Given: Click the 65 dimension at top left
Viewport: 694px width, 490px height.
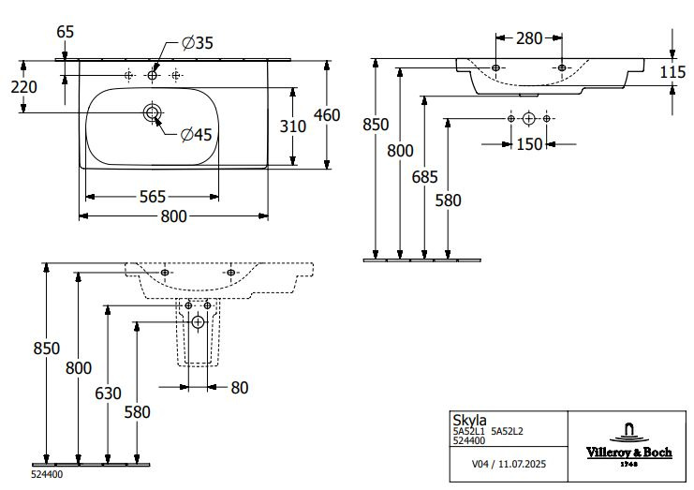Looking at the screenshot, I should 65,32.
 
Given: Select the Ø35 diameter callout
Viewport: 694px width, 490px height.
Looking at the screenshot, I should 198,42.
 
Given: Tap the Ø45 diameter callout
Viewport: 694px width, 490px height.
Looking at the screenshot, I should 199,135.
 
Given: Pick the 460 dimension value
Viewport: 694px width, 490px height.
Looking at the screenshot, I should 327,115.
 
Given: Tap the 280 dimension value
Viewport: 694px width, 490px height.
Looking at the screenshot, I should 528,38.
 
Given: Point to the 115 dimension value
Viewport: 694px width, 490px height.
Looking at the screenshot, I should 673,71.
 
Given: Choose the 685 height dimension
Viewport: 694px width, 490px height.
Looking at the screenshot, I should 426,175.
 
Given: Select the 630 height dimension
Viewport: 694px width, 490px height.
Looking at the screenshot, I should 109,393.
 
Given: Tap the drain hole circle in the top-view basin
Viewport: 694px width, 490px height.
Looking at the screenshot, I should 153,113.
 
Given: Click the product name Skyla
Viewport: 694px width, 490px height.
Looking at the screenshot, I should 464,422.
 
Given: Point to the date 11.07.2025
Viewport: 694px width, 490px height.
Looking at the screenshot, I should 522,463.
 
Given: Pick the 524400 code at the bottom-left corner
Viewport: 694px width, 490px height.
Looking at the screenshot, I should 20,474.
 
